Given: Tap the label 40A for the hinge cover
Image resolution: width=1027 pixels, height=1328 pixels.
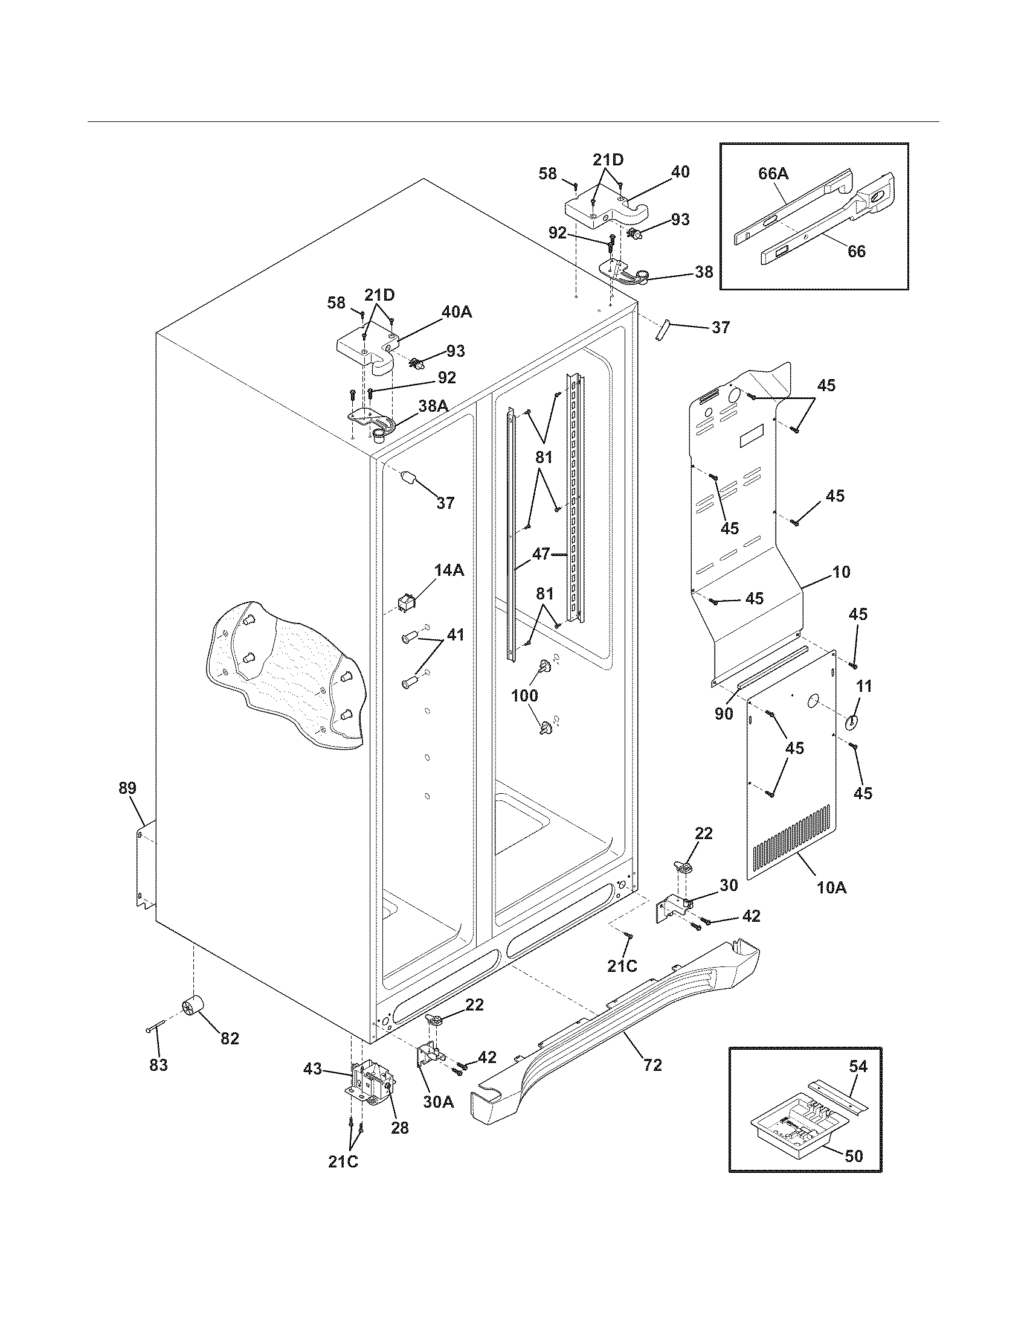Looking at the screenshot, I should (457, 313).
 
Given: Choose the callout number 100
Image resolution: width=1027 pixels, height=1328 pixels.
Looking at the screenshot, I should (524, 695).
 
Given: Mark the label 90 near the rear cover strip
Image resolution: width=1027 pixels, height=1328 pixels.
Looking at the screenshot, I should (724, 714).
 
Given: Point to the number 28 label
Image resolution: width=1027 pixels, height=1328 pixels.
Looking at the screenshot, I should (400, 1128).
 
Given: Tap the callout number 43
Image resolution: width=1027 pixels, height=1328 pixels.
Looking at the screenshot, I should (313, 1068).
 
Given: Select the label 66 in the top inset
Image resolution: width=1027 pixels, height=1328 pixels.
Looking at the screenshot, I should (856, 251).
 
